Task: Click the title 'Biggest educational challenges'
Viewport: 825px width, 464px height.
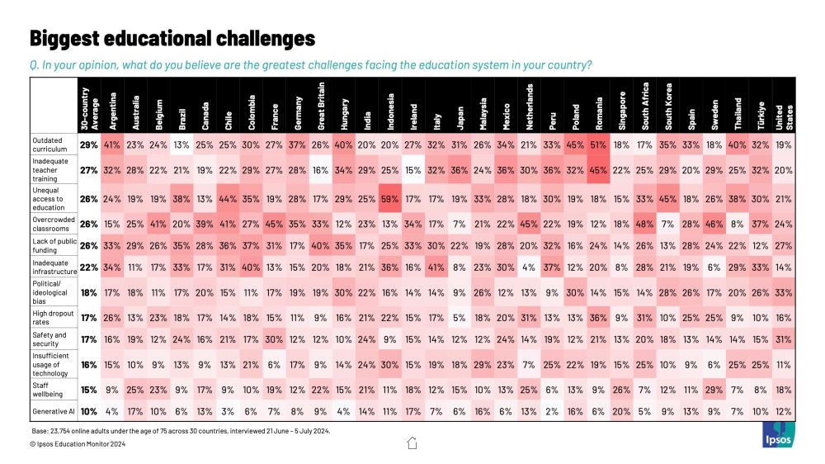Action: pyautogui.click(x=172, y=38)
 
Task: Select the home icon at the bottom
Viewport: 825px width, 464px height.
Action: pyautogui.click(x=412, y=443)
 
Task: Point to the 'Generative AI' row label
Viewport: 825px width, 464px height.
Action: pyautogui.click(x=54, y=410)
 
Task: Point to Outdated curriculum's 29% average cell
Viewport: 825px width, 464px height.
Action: pyautogui.click(x=89, y=144)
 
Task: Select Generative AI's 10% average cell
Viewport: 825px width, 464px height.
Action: pyautogui.click(x=89, y=410)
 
